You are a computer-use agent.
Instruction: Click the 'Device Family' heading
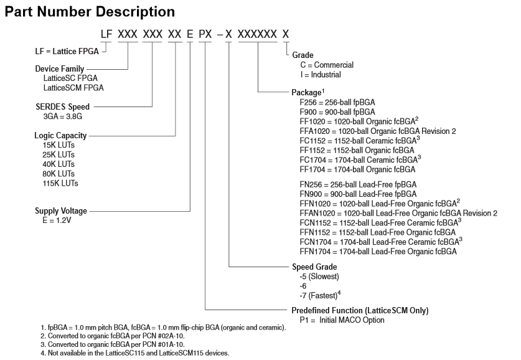[x=59, y=69]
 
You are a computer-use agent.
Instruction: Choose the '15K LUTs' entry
[x=58, y=145]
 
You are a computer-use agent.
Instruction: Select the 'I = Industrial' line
[x=321, y=74]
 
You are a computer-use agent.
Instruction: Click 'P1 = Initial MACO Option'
[x=342, y=320]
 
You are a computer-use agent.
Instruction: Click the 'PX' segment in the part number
[x=205, y=33]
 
